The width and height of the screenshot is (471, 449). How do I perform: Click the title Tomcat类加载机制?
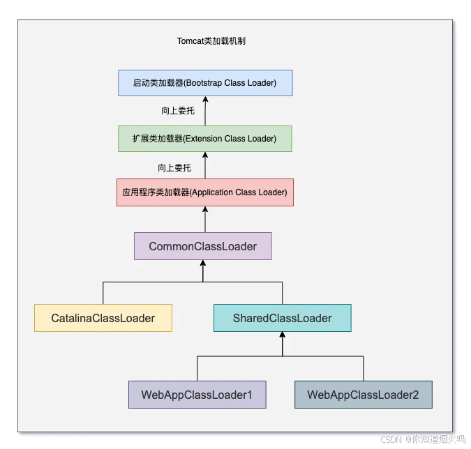211,41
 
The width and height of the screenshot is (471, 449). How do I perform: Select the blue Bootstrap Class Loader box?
204,83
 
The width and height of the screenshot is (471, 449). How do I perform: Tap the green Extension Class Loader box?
204,139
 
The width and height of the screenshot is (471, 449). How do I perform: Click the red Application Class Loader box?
204,192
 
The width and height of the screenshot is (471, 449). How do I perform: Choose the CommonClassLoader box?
202,246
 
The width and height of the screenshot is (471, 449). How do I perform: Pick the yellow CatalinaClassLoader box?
103,318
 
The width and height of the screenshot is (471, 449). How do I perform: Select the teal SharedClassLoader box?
282,318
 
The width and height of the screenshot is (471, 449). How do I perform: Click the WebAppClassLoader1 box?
197,395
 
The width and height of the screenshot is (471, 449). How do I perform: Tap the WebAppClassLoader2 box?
363,395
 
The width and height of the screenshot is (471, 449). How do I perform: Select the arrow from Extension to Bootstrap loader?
205,112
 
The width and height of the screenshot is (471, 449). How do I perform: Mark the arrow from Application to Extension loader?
205,166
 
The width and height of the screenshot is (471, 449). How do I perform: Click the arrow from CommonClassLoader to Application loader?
205,220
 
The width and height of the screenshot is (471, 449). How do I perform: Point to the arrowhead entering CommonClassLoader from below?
203,265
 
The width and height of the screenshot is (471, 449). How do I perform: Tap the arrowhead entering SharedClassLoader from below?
283,337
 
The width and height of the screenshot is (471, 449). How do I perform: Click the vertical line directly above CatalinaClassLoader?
103,293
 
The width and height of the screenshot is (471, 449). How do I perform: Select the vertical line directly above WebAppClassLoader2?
363,368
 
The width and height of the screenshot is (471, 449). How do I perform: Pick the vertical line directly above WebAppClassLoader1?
197,368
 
